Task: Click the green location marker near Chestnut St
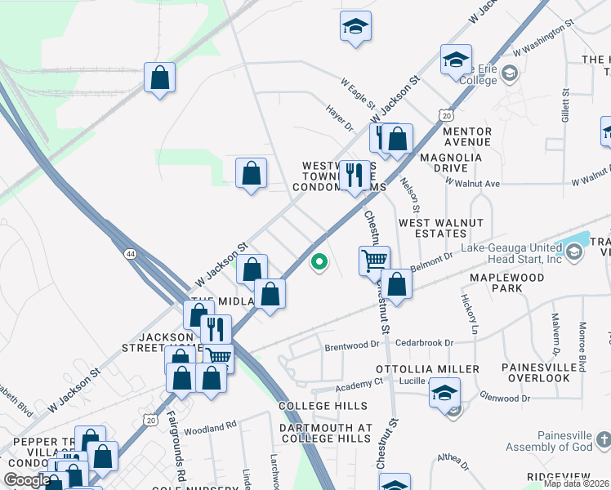pyautogui.click(x=319, y=262)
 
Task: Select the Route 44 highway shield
pyautogui.click(x=132, y=255)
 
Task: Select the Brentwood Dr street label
pyautogui.click(x=352, y=345)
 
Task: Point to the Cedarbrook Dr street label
pyautogui.click(x=424, y=343)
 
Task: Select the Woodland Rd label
pyautogui.click(x=210, y=425)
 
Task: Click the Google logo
pyautogui.click(x=27, y=480)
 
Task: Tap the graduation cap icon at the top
pyautogui.click(x=356, y=26)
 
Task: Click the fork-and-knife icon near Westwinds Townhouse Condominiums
pyautogui.click(x=354, y=175)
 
